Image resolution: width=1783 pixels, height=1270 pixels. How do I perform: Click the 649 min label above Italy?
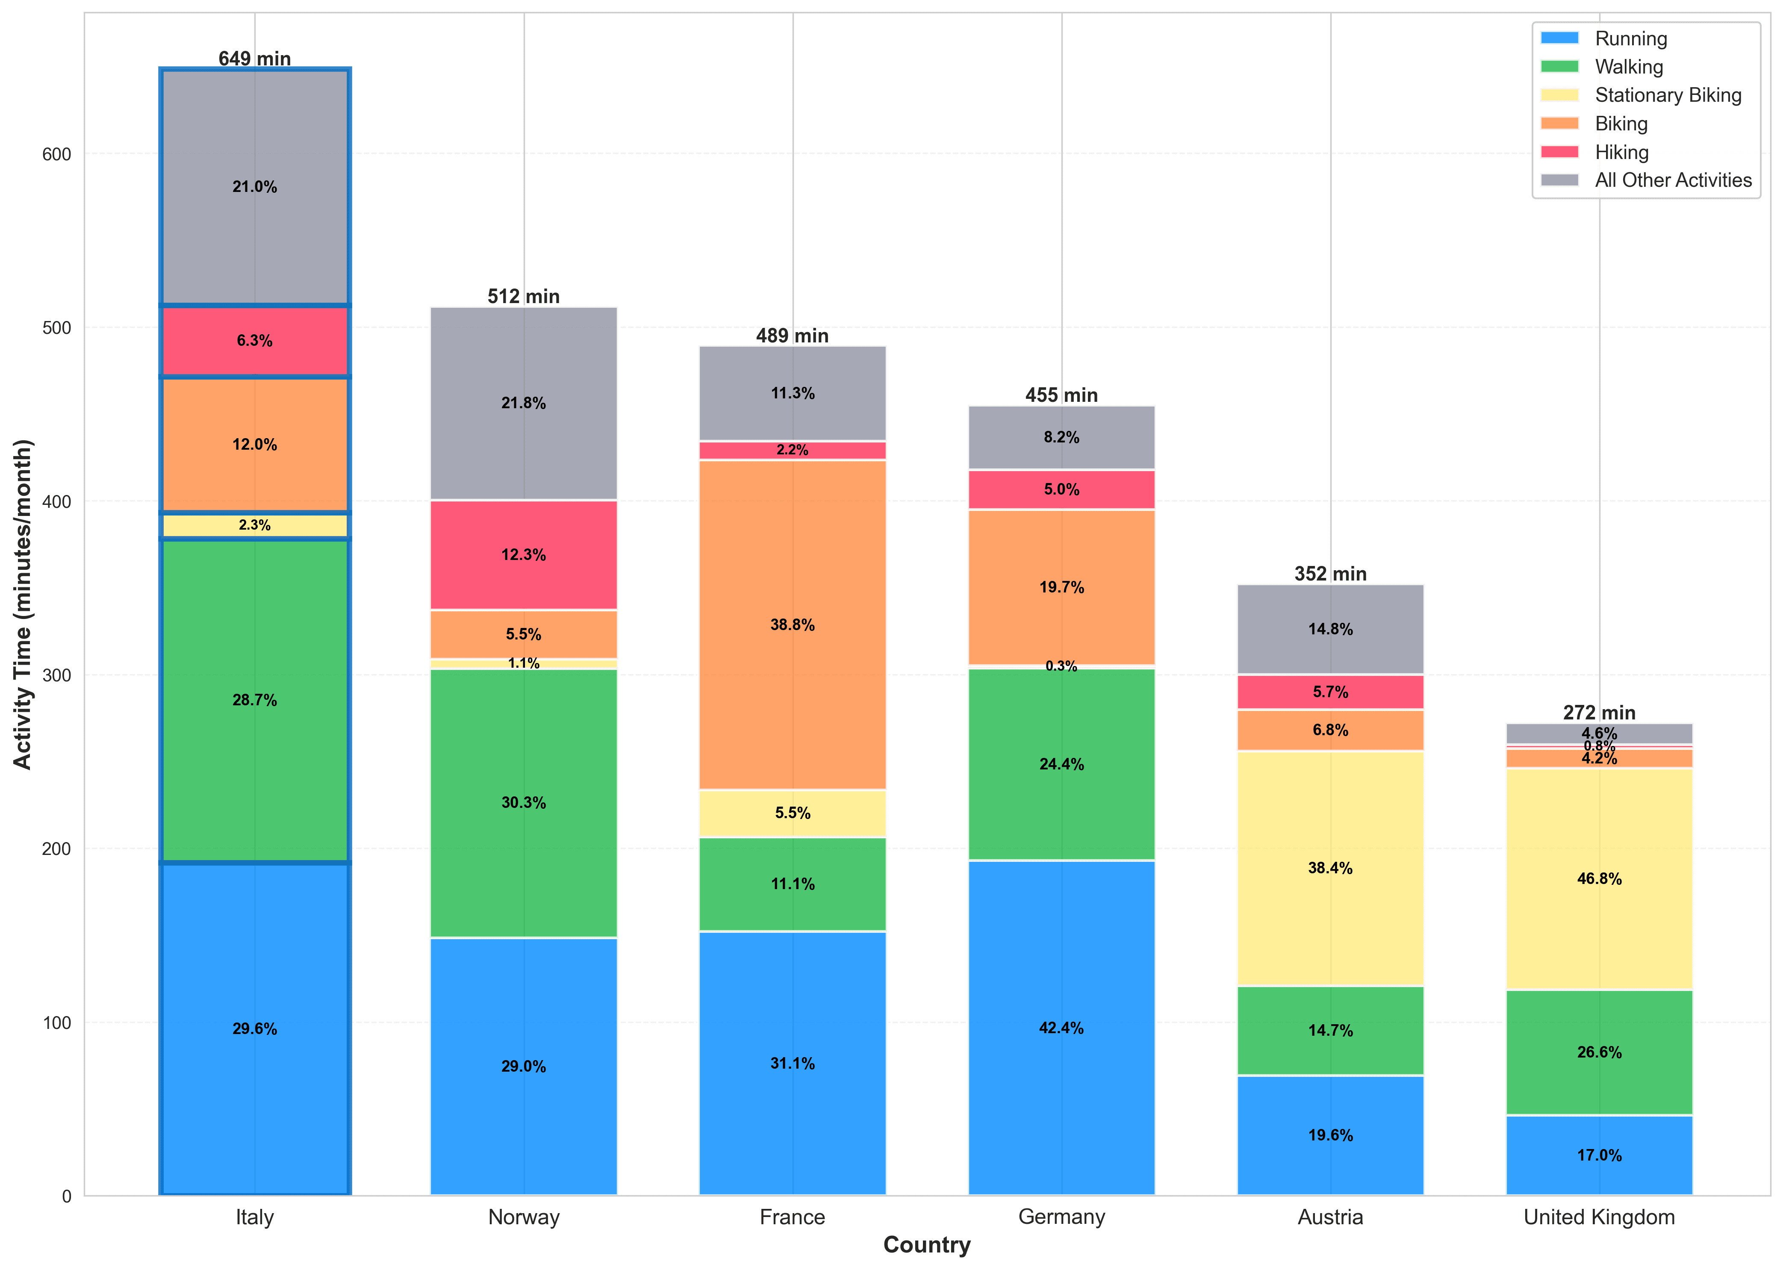[x=254, y=59]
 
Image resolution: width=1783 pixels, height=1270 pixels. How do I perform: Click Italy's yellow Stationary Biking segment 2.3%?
[x=254, y=525]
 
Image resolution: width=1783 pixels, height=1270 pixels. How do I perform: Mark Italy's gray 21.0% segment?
[x=254, y=187]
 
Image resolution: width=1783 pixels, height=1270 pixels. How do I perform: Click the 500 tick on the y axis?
[x=56, y=328]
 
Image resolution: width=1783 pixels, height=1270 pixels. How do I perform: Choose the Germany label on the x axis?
[x=1061, y=1217]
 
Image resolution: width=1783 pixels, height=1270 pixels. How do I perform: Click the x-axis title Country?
[x=927, y=1245]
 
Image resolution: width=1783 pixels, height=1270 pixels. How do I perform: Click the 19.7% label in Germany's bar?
[x=1061, y=587]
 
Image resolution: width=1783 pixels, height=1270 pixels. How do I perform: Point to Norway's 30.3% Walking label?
[x=523, y=802]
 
